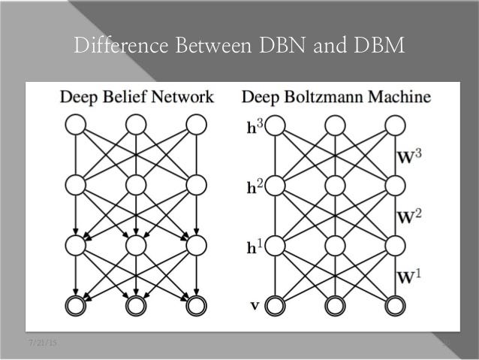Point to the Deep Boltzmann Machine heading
[336, 96]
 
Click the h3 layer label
[254, 126]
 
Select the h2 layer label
[254, 184]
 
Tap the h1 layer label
[254, 245]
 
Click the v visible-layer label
[253, 305]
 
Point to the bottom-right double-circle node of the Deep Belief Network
[196, 305]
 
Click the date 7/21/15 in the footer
[43, 343]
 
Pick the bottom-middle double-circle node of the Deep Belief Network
[136, 305]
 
